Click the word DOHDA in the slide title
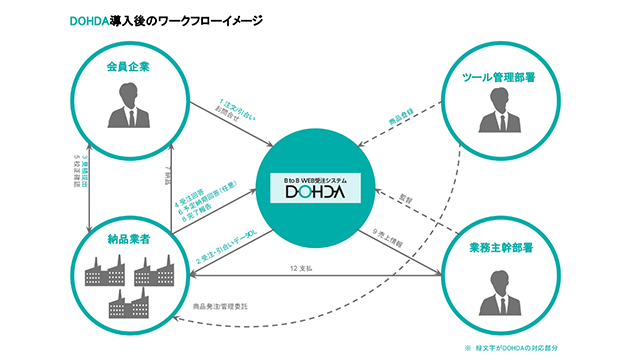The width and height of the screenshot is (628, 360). click(94, 19)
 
